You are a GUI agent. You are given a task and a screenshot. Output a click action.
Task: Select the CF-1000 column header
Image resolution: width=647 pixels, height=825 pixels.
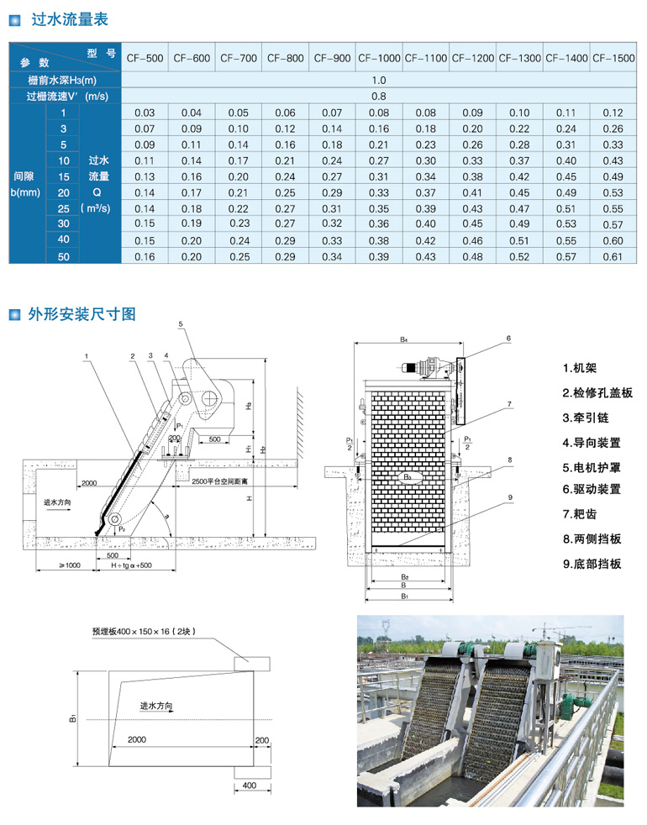click(379, 58)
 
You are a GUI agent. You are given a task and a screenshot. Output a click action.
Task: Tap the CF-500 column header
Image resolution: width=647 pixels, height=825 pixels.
click(145, 58)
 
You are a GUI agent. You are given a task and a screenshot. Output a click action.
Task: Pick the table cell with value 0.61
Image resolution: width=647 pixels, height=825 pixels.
click(613, 256)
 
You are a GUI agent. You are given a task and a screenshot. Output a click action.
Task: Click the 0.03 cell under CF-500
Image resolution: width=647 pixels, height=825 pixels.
click(145, 113)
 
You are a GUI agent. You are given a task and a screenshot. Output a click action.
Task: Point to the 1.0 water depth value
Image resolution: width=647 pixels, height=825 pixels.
click(378, 80)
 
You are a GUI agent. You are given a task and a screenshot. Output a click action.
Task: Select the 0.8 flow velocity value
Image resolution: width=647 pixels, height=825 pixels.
click(378, 96)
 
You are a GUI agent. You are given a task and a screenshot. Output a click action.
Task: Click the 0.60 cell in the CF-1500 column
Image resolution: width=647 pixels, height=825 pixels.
click(613, 240)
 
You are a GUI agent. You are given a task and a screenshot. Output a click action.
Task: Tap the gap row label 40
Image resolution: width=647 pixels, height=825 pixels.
click(63, 240)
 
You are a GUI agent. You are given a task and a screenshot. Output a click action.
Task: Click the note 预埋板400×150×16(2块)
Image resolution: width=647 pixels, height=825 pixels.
click(145, 630)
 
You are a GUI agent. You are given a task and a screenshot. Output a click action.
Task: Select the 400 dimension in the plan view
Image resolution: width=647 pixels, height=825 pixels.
click(248, 786)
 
